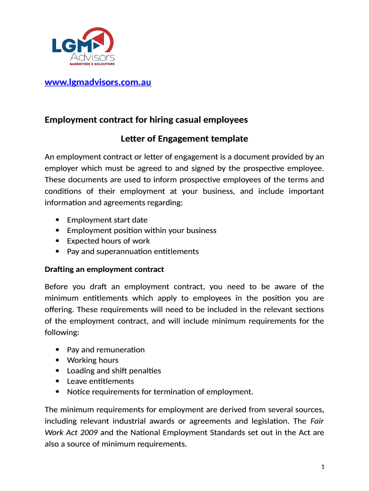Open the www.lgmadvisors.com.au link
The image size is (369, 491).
click(98, 82)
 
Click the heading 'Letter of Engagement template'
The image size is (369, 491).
click(184, 139)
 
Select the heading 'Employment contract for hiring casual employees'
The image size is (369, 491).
click(146, 119)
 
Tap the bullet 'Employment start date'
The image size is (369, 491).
click(107, 220)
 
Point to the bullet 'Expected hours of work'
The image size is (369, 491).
click(108, 241)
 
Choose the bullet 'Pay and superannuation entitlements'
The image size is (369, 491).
click(133, 252)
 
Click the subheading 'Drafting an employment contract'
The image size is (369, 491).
click(104, 269)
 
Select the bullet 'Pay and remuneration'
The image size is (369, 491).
click(105, 350)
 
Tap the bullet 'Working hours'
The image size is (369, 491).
click(92, 361)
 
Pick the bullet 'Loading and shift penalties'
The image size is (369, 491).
click(114, 371)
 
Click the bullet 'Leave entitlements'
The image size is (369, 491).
click(100, 382)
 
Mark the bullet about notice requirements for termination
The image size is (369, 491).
click(160, 392)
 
